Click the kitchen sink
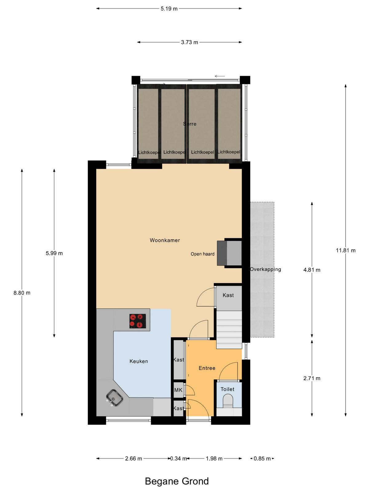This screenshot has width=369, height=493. [x=114, y=398]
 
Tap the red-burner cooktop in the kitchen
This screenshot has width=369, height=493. [x=137, y=321]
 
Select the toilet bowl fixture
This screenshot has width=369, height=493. [x=228, y=401]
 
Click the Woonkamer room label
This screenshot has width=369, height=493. [x=165, y=240]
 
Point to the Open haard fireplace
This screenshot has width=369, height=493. [x=229, y=253]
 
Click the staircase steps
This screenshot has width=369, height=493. [x=229, y=329]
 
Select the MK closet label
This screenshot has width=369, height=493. [x=178, y=390]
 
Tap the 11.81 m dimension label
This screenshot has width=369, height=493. [x=345, y=251]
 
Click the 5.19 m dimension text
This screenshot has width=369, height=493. [x=169, y=9]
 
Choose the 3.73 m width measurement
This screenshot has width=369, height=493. [x=189, y=42]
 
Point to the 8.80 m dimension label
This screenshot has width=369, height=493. [x=22, y=293]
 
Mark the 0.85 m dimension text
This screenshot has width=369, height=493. [x=262, y=458]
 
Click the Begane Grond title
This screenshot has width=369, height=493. [x=177, y=481]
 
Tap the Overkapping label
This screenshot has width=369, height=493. [x=265, y=269]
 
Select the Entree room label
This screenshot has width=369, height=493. [x=207, y=368]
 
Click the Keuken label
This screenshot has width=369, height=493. [x=139, y=361]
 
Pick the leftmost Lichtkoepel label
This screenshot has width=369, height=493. [x=149, y=153]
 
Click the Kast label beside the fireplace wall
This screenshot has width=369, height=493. [x=228, y=295]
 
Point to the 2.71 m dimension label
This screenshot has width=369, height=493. [x=311, y=378]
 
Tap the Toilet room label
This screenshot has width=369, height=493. [x=228, y=389]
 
